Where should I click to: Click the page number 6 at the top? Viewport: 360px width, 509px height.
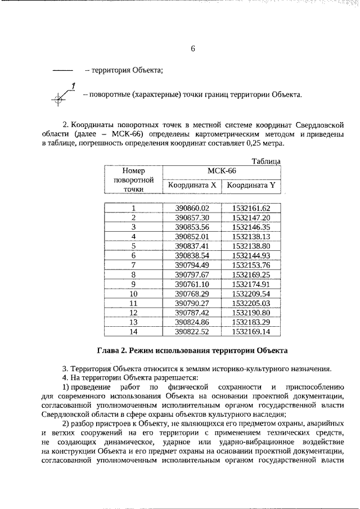pyautogui.click(x=192, y=49)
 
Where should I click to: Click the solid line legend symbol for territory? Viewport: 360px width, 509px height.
pyautogui.click(x=62, y=71)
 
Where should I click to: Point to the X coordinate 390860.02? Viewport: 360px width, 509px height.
pyautogui.click(x=192, y=208)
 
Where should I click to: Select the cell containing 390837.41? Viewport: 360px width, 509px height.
pyautogui.click(x=192, y=246)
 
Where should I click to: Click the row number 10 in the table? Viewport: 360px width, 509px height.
pyautogui.click(x=133, y=294)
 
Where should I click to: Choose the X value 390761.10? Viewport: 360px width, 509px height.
pyautogui.click(x=192, y=284)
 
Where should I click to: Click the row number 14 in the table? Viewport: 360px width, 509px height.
pyautogui.click(x=133, y=332)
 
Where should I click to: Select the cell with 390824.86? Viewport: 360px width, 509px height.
pyautogui.click(x=192, y=322)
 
